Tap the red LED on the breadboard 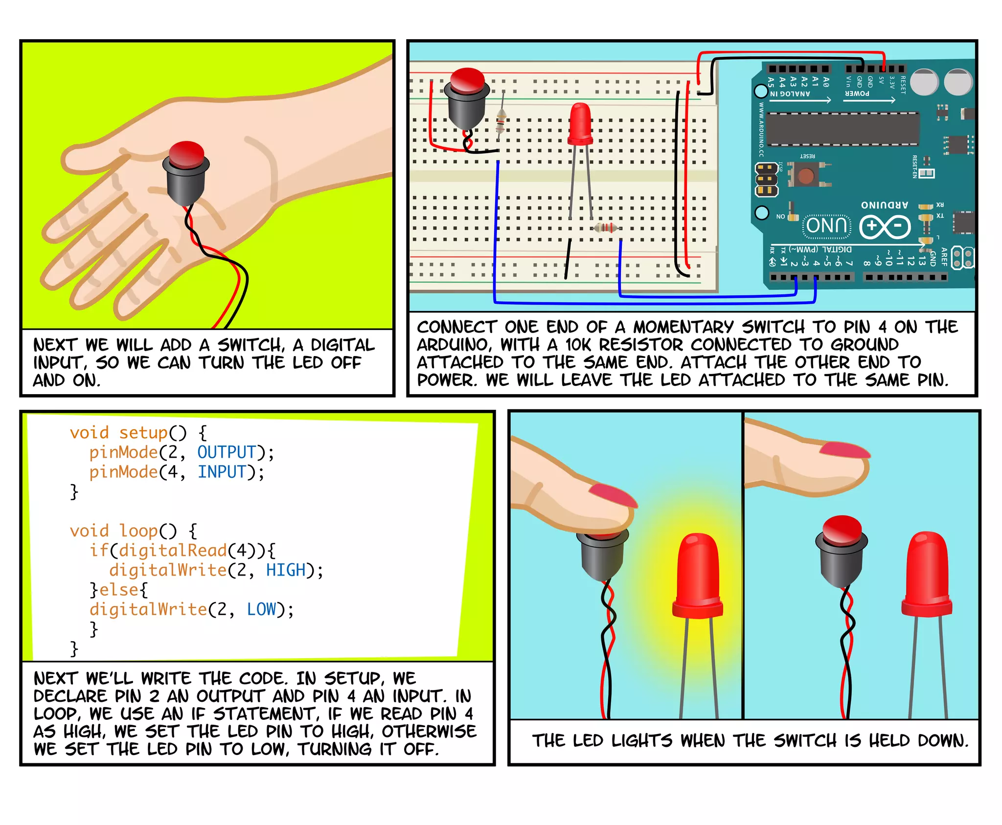click(x=580, y=123)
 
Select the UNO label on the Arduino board click(x=826, y=225)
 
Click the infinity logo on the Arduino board click(x=885, y=226)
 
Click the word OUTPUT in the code click(x=227, y=452)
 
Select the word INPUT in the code click(x=222, y=472)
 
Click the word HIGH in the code click(x=286, y=570)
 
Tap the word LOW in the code click(x=261, y=609)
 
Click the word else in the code click(x=119, y=590)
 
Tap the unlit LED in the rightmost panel click(x=927, y=572)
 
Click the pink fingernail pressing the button click(x=613, y=495)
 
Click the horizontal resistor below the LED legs click(x=606, y=228)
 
